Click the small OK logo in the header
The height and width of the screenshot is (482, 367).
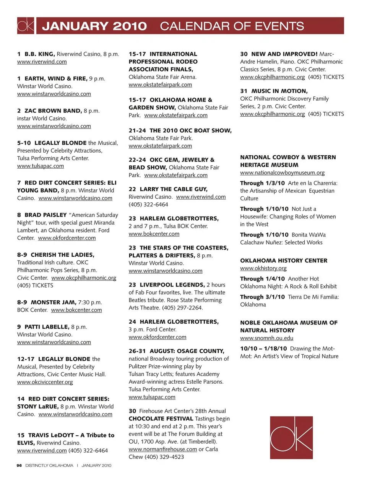pyautogui.click(x=26, y=26)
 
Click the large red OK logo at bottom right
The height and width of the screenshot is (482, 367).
pyautogui.click(x=291, y=438)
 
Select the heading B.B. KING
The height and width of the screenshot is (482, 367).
pyautogui.click(x=40, y=54)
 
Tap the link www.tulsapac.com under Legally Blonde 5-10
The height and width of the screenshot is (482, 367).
pyautogui.click(x=41, y=166)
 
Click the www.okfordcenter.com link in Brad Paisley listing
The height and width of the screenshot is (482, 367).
pyautogui.click(x=67, y=238)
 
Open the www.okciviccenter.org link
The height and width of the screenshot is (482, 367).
pyautogui.click(x=45, y=382)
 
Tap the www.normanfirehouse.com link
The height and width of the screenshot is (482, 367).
pyautogui.click(x=163, y=449)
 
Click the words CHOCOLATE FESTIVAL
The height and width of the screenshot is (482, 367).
pyautogui.click(x=161, y=418)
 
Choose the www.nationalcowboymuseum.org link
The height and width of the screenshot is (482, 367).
pyautogui.click(x=282, y=173)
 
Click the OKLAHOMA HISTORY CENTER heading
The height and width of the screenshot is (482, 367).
pyautogui.click(x=284, y=261)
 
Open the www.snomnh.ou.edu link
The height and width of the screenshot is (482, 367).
pyautogui.click(x=266, y=338)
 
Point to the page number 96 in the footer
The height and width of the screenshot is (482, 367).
pyautogui.click(x=19, y=466)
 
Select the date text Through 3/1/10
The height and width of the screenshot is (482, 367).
pyautogui.click(x=262, y=297)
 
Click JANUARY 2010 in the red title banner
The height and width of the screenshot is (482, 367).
pyautogui.click(x=94, y=26)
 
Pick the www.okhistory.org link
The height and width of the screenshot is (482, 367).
pyautogui.click(x=263, y=269)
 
